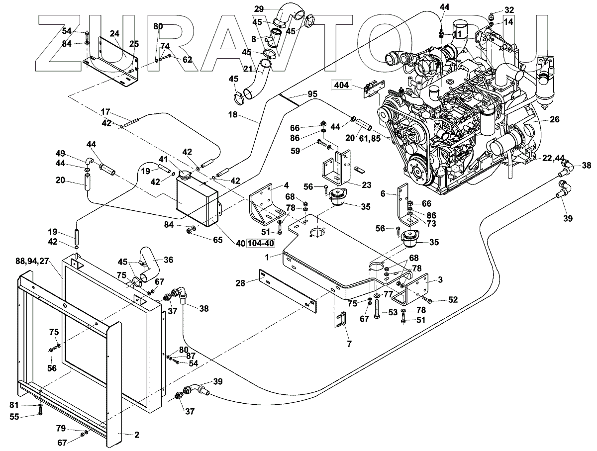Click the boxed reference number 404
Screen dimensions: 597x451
[341, 85]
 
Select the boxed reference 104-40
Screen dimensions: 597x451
[260, 243]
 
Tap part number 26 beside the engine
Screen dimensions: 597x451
[554, 119]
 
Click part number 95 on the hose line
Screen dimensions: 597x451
[312, 94]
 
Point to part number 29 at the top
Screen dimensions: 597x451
[259, 9]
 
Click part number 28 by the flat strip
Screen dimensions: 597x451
[240, 283]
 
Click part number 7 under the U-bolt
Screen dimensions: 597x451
[349, 344]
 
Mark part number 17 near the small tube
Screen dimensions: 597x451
[105, 112]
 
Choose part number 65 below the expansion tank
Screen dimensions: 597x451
[217, 240]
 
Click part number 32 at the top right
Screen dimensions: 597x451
[509, 10]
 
